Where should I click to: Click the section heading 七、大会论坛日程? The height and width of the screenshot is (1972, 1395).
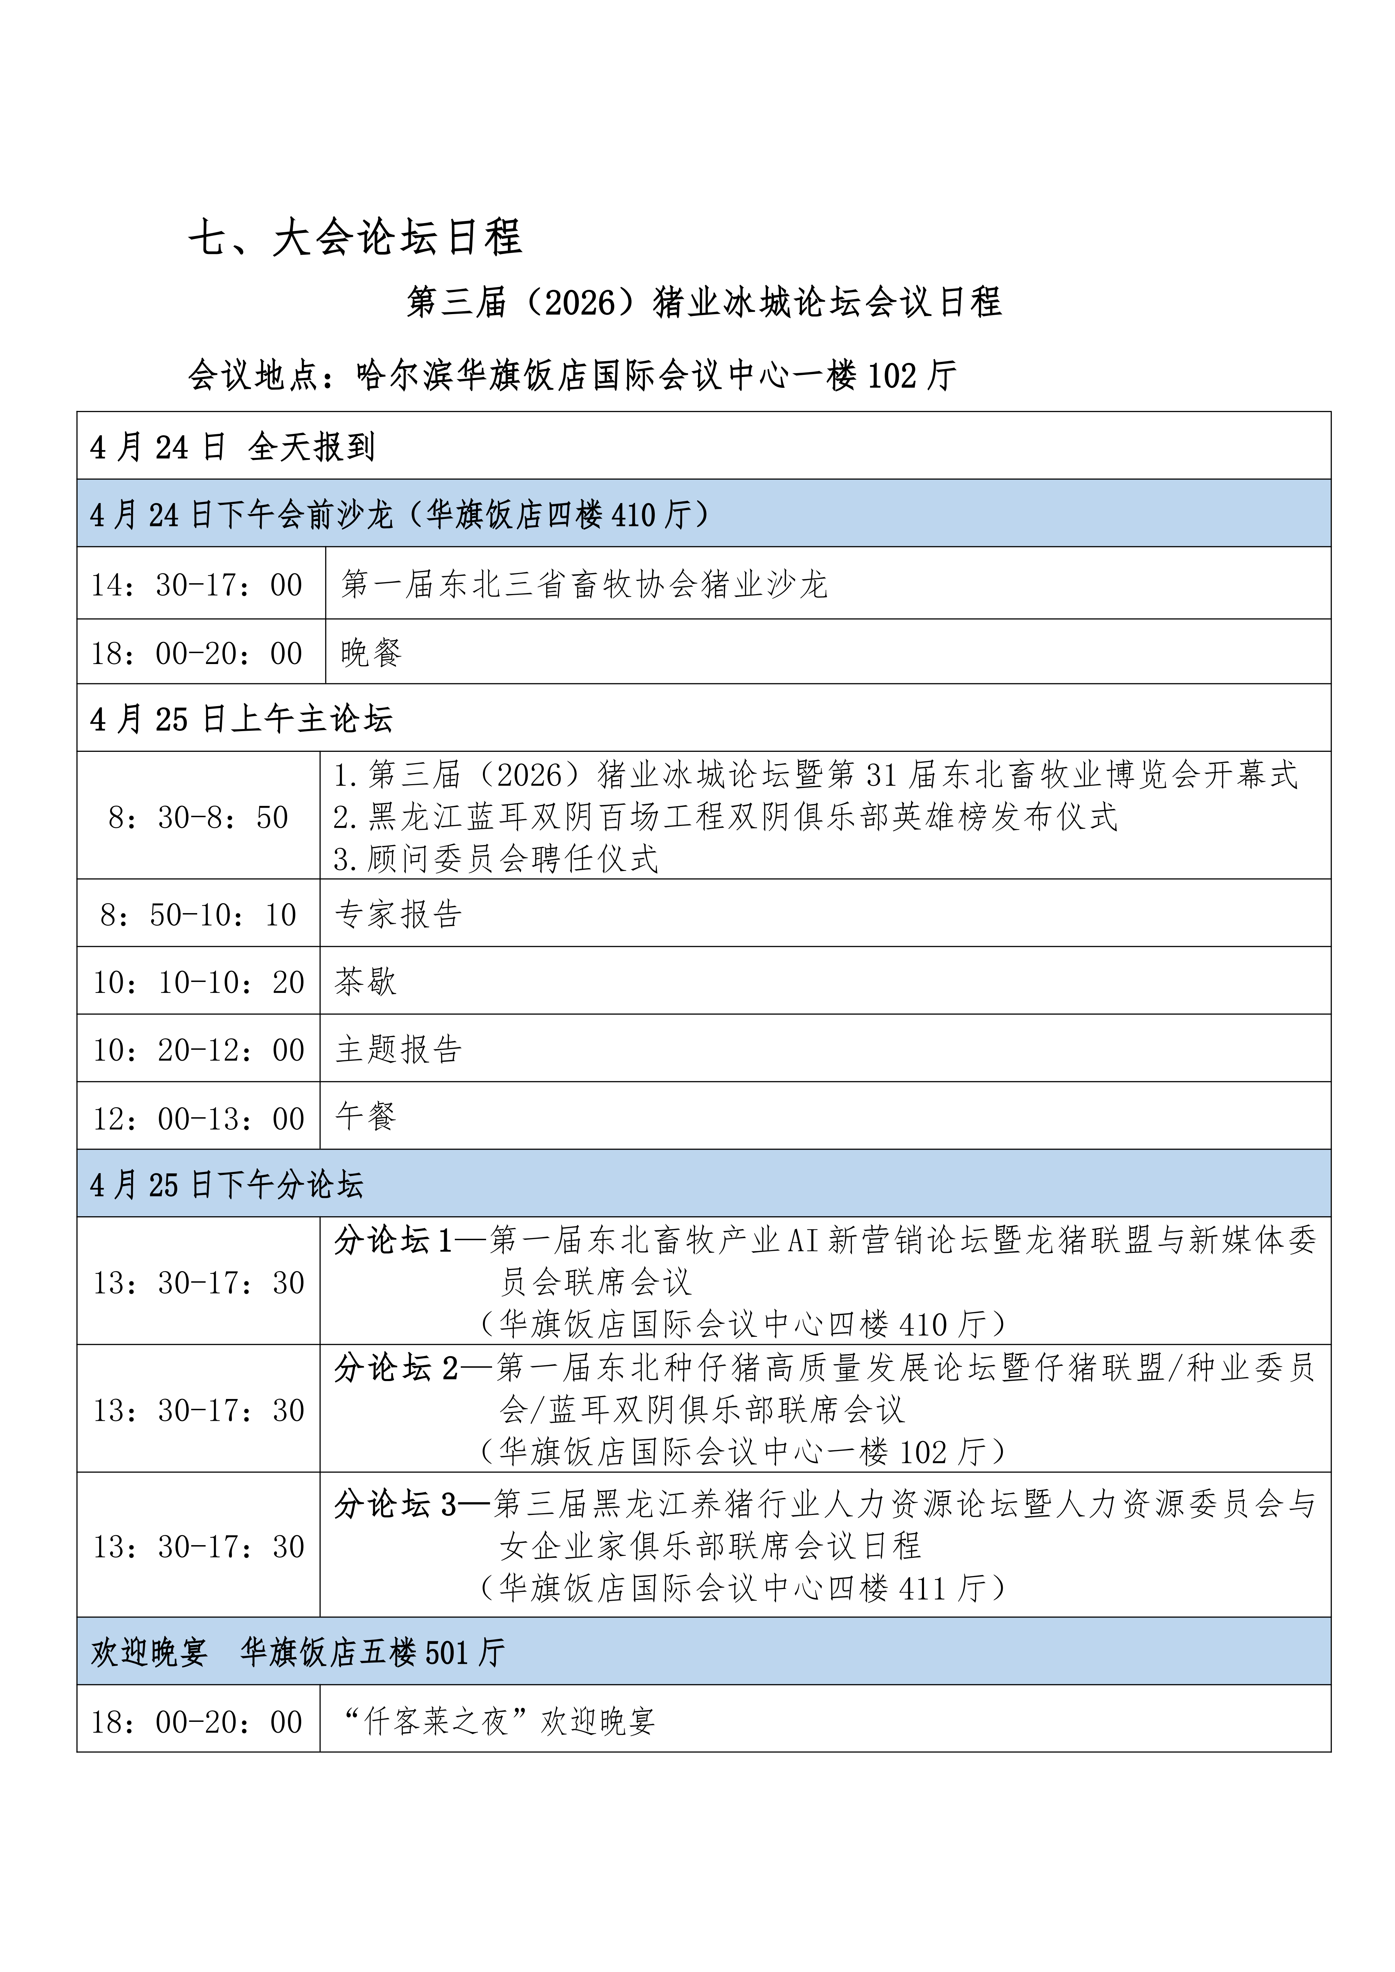tap(355, 237)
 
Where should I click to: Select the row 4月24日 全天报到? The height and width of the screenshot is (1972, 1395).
tap(232, 447)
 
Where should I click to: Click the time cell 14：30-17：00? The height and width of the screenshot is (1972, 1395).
tap(198, 585)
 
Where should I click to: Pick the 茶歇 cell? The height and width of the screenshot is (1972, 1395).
tap(365, 982)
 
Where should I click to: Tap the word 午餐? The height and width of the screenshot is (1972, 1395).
tap(365, 1117)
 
